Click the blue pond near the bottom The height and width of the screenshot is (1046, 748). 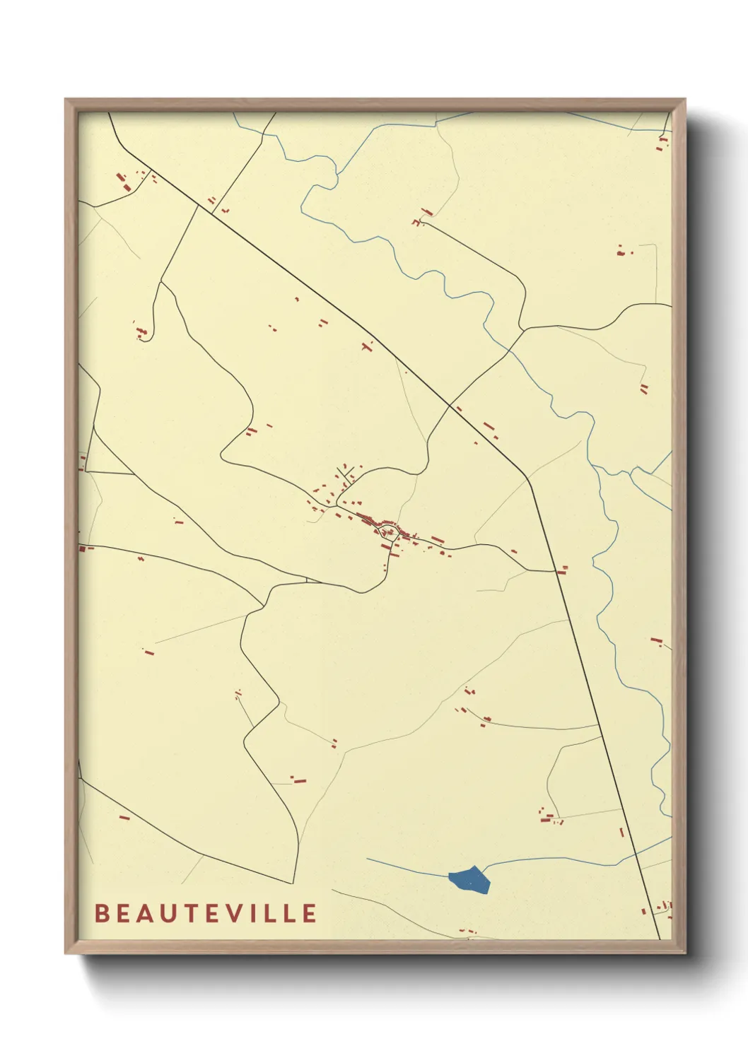[469, 880]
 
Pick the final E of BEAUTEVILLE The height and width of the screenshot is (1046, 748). [309, 913]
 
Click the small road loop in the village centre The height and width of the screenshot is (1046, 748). [388, 532]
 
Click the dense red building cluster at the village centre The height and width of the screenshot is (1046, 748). [371, 522]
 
